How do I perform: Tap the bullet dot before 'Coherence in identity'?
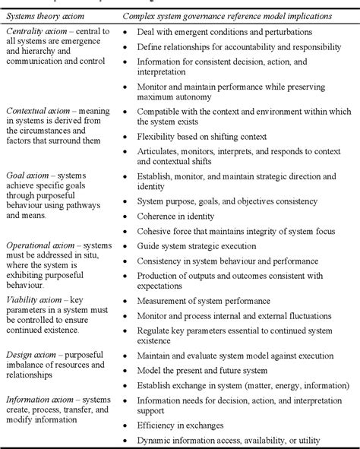click(126, 216)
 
